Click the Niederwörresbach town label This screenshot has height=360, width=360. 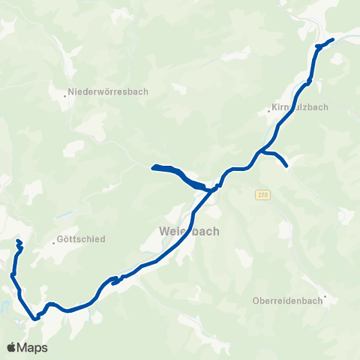(109, 92)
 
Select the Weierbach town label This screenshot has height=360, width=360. (190, 231)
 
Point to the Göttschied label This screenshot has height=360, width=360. (81, 240)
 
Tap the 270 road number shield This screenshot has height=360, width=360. (262, 195)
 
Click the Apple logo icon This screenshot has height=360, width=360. (13, 347)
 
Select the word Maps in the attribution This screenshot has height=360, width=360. (34, 347)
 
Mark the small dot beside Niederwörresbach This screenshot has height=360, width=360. (64, 94)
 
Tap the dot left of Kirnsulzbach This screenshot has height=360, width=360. (268, 112)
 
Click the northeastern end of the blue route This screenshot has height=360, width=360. (332, 38)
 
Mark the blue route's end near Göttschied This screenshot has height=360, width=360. (18, 241)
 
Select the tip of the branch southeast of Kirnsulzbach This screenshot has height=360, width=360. (286, 165)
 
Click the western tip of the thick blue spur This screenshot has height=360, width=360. (153, 167)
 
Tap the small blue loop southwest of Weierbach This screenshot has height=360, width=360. (115, 280)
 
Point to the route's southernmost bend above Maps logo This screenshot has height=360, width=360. (34, 318)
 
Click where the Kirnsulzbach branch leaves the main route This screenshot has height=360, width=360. (260, 152)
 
